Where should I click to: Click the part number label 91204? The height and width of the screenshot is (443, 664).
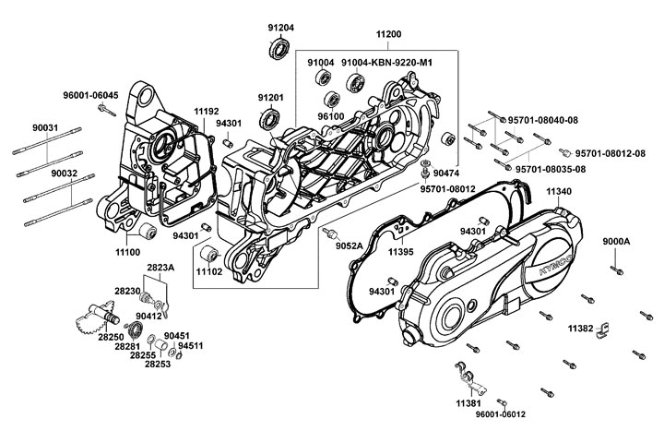[281, 28]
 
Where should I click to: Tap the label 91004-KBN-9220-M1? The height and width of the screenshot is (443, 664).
[386, 62]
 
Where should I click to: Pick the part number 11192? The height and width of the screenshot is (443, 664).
[207, 111]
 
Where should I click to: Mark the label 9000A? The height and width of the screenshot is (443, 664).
[616, 241]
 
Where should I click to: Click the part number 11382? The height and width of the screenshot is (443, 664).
[580, 328]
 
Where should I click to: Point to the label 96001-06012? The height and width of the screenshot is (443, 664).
[501, 414]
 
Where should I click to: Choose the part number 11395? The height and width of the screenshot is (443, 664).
[400, 251]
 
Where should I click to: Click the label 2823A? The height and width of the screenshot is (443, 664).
[160, 267]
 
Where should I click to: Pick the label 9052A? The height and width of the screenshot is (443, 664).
[349, 245]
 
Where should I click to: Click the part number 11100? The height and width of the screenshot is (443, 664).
[128, 251]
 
